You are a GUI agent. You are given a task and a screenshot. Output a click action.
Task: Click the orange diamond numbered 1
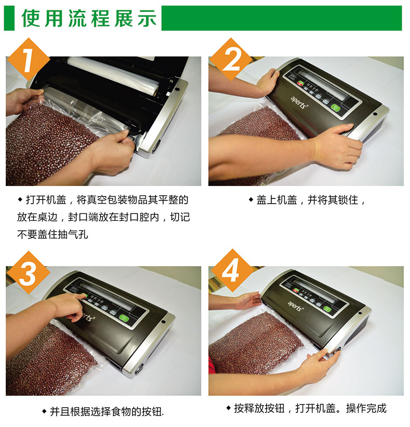[x=28, y=60]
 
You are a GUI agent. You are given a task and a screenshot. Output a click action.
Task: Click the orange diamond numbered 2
[x=231, y=60]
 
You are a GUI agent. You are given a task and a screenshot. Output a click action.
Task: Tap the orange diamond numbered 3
[x=28, y=273]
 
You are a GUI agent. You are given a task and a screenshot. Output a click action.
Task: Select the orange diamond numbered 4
[x=231, y=271]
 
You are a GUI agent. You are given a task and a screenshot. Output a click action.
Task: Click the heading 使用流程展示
[x=89, y=18]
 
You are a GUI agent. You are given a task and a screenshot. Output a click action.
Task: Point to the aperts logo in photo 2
[x=299, y=103]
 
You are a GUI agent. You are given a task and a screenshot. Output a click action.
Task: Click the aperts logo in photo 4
[x=295, y=306]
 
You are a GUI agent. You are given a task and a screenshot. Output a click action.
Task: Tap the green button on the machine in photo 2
[x=336, y=108]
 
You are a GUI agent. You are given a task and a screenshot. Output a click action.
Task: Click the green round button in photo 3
[x=124, y=318]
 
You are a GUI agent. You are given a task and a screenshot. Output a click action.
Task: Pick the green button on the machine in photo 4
[x=327, y=309]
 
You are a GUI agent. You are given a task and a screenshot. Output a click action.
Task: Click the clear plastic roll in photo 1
[x=113, y=74]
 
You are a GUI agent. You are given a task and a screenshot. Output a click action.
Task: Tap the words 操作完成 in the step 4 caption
[x=366, y=408]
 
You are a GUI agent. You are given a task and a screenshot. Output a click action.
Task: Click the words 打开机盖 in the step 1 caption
[x=46, y=200]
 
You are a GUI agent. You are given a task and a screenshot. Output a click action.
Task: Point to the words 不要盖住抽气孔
[x=52, y=234]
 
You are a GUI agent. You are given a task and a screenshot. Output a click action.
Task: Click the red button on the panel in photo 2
[x=300, y=84]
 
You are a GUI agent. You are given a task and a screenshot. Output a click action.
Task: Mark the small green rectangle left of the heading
[x=9, y=18]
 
